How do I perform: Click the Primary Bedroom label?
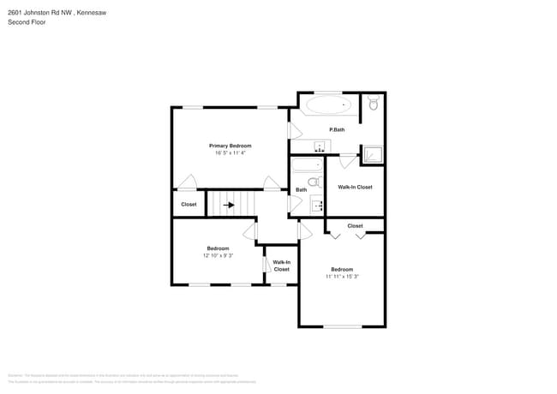click(x=230, y=146)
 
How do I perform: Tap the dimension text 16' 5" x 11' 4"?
click(x=230, y=153)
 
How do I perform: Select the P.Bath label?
click(x=337, y=129)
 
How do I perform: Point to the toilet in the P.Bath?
click(x=372, y=104)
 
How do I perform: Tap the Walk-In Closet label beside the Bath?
click(x=355, y=187)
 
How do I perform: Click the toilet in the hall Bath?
click(x=314, y=182)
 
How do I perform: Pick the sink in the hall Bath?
click(x=316, y=204)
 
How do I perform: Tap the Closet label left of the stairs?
click(x=189, y=205)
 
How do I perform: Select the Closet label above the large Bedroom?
click(x=355, y=226)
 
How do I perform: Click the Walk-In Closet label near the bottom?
click(x=281, y=266)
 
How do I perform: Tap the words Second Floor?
click(x=27, y=22)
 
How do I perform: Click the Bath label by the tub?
click(x=301, y=190)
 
